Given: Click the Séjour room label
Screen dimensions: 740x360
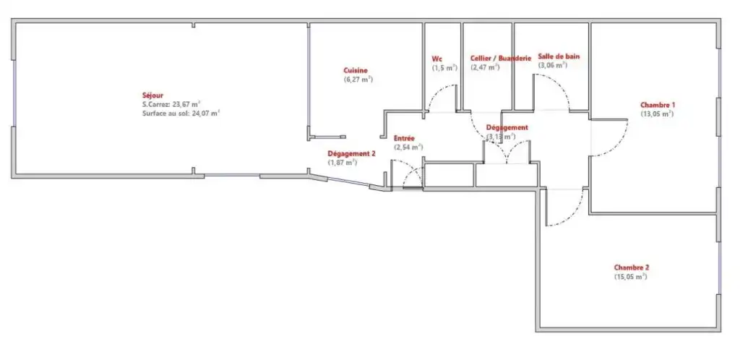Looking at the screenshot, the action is (x=153, y=95).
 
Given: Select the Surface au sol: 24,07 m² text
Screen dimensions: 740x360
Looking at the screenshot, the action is (x=181, y=113).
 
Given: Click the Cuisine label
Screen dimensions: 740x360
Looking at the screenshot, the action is (x=356, y=70).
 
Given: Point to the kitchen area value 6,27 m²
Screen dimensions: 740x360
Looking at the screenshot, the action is (x=358, y=80).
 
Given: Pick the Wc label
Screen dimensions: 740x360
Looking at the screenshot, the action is (x=436, y=59).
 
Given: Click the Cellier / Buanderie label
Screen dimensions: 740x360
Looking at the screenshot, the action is (x=501, y=58).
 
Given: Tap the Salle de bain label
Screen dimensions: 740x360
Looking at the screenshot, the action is (x=559, y=56).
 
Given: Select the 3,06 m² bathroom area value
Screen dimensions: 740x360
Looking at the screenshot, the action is (x=553, y=65).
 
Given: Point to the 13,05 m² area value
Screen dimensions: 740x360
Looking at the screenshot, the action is (x=657, y=113).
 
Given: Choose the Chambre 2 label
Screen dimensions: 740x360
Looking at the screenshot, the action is (x=632, y=267).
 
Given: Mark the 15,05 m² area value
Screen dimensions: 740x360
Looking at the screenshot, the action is (x=630, y=277).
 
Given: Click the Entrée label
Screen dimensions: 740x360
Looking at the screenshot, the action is (x=404, y=138).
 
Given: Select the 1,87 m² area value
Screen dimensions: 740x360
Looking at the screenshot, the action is (x=343, y=163).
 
